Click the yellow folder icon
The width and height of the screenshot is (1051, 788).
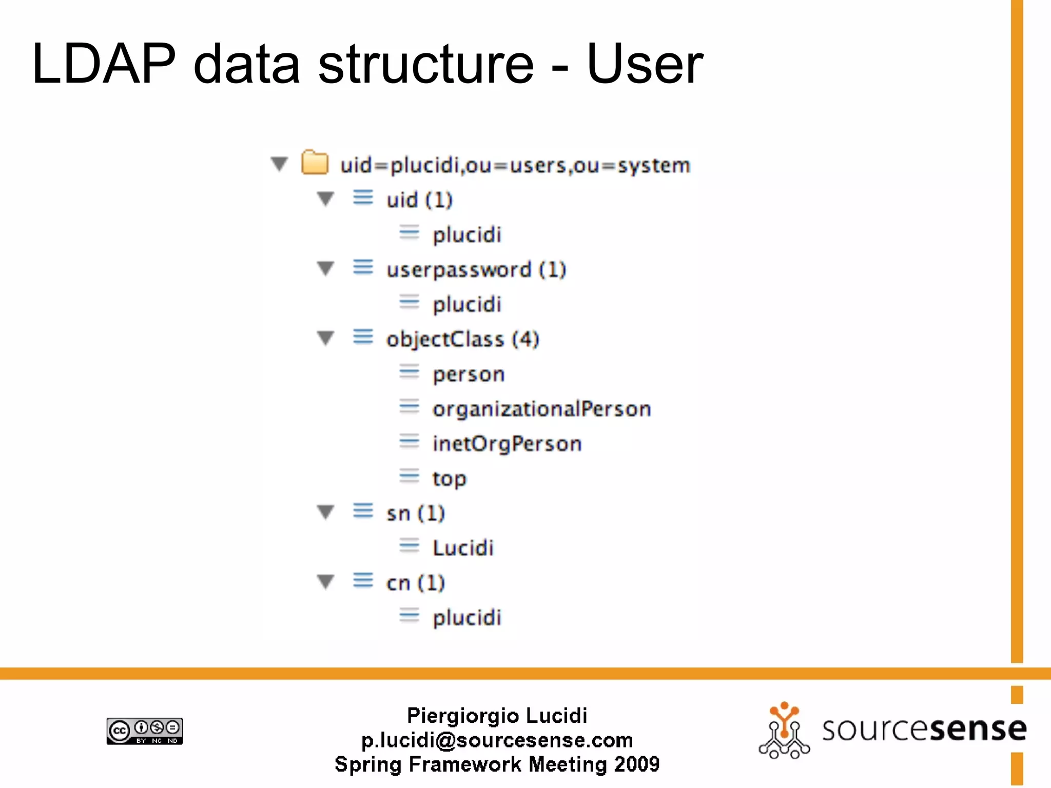pyautogui.click(x=315, y=163)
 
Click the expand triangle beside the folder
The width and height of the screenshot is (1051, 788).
pyautogui.click(x=279, y=164)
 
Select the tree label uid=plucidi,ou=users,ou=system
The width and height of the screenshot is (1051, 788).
pyautogui.click(x=515, y=166)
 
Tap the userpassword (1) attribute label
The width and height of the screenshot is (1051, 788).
pyautogui.click(x=476, y=270)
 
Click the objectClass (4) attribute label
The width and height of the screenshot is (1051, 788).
pyautogui.click(x=462, y=340)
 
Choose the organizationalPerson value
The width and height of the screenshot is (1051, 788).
pyautogui.click(x=541, y=409)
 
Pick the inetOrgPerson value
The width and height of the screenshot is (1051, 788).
pyautogui.click(x=507, y=444)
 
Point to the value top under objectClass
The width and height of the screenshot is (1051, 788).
pyautogui.click(x=449, y=479)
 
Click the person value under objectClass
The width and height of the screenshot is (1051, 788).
pyautogui.click(x=469, y=375)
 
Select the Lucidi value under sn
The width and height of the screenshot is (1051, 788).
pyautogui.click(x=463, y=548)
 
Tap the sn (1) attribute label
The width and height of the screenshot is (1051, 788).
pyautogui.click(x=415, y=514)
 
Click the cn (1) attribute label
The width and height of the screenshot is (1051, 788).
pyautogui.click(x=415, y=583)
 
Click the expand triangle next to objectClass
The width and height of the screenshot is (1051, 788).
pyautogui.click(x=325, y=339)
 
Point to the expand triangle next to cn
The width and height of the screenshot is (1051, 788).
pyautogui.click(x=325, y=582)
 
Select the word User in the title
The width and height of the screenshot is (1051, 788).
pyautogui.click(x=645, y=64)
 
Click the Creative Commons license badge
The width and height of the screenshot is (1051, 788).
pyautogui.click(x=145, y=731)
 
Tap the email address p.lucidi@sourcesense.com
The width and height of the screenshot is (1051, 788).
pyautogui.click(x=497, y=740)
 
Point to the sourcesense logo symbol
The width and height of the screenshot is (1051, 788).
pyautogui.click(x=784, y=731)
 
